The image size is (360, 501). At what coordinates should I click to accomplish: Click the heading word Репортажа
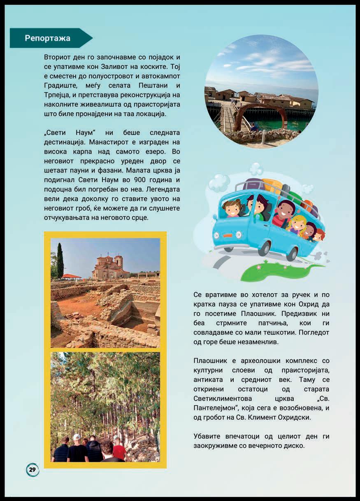click(x=47, y=38)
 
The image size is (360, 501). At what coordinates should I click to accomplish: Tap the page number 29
click(x=33, y=470)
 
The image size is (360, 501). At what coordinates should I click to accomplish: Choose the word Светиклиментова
click(x=222, y=398)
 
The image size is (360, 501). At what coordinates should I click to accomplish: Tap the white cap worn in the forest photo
click(x=77, y=437)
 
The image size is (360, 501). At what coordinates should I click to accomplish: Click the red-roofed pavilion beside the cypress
click(x=72, y=277)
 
